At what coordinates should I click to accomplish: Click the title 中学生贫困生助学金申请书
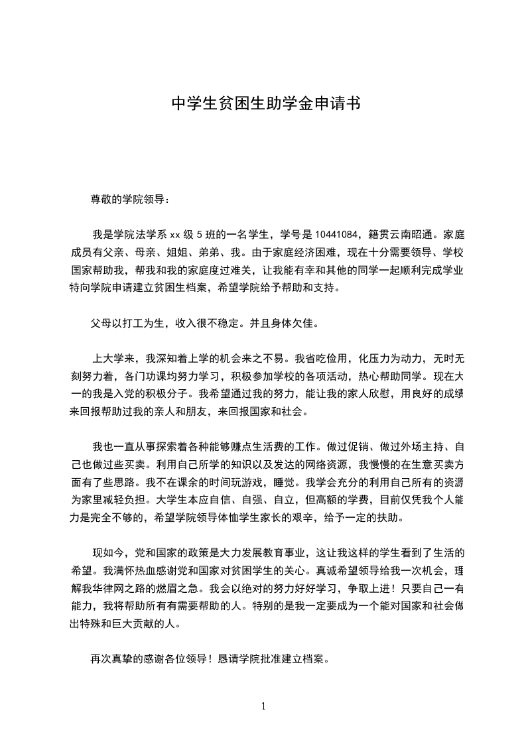[x=265, y=104]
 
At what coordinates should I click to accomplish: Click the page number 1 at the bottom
[x=263, y=706]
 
